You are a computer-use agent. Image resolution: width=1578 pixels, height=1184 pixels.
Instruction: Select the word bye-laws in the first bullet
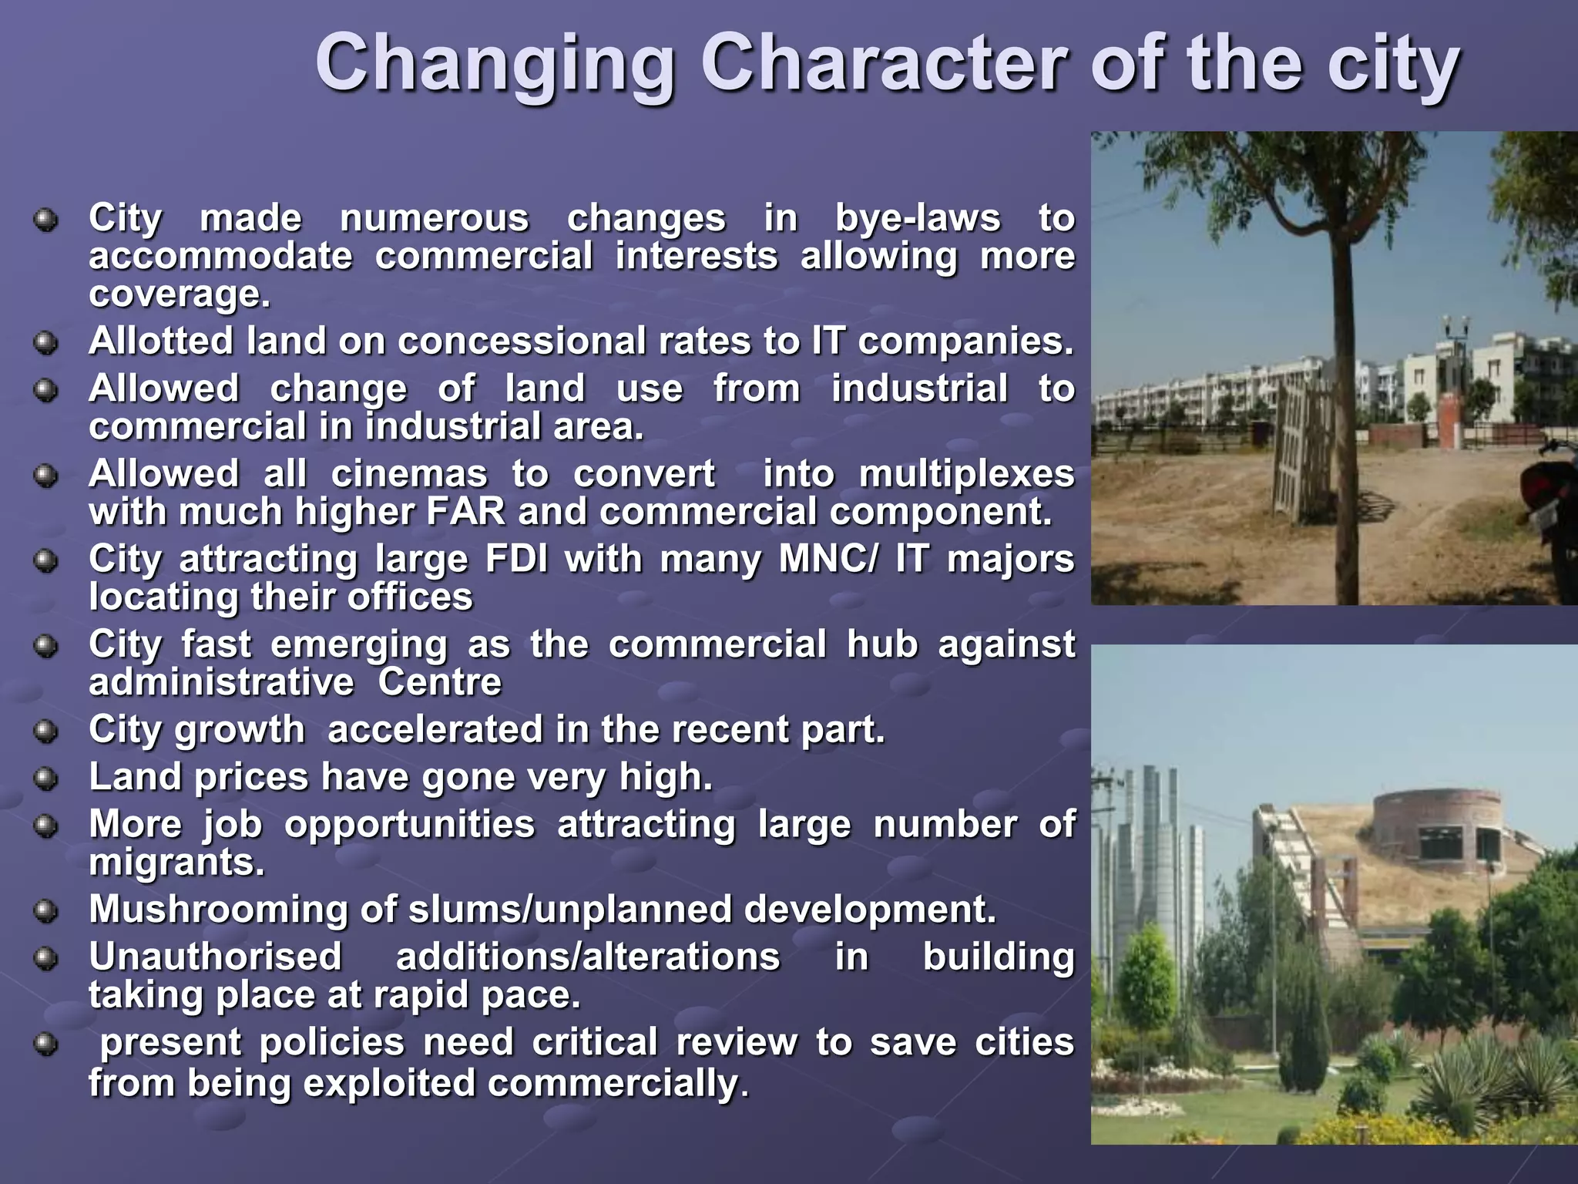point(918,218)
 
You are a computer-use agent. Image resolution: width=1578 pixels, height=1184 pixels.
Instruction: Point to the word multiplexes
point(966,473)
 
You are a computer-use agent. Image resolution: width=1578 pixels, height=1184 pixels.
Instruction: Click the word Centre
point(439,682)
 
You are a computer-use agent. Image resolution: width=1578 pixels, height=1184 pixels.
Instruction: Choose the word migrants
point(176,863)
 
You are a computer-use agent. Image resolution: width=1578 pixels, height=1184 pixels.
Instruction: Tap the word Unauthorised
point(215,957)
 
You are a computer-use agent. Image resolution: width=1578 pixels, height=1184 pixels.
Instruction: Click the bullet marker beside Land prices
point(46,778)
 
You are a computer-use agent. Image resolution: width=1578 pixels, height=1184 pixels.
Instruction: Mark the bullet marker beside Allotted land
point(46,342)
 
